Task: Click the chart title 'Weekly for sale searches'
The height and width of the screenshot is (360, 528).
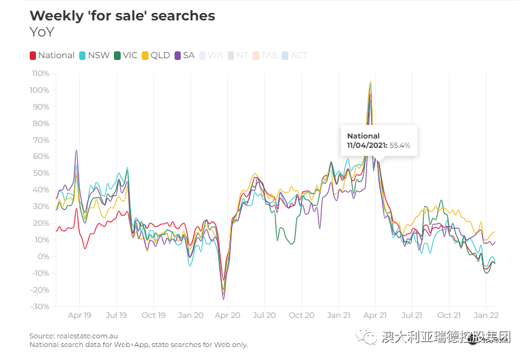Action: [123, 16]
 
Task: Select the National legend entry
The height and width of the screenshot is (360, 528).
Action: [53, 56]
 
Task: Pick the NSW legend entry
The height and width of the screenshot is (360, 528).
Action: [95, 56]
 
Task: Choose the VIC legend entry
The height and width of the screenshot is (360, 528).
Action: [126, 56]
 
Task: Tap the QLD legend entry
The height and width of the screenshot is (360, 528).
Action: [156, 56]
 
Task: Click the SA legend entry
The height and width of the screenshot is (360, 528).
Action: [185, 56]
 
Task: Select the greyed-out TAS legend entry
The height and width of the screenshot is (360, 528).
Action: [265, 56]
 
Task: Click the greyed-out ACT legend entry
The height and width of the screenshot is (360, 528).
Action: [295, 56]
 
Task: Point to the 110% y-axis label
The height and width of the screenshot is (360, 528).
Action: [40, 74]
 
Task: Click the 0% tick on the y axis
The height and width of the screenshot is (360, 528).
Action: [43, 257]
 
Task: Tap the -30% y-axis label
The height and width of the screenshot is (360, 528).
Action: [40, 307]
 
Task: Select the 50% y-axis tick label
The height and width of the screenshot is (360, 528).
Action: [41, 173]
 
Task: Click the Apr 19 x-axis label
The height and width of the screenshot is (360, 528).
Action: [79, 315]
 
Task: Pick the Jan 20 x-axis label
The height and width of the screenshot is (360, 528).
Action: [190, 315]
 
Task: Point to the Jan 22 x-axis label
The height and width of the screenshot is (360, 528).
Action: [486, 315]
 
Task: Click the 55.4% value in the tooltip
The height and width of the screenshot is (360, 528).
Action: [400, 146]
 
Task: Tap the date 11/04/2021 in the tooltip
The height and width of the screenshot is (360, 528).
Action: [366, 146]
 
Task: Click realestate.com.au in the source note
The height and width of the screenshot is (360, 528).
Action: [87, 336]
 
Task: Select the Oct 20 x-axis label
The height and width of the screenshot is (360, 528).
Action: [301, 315]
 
